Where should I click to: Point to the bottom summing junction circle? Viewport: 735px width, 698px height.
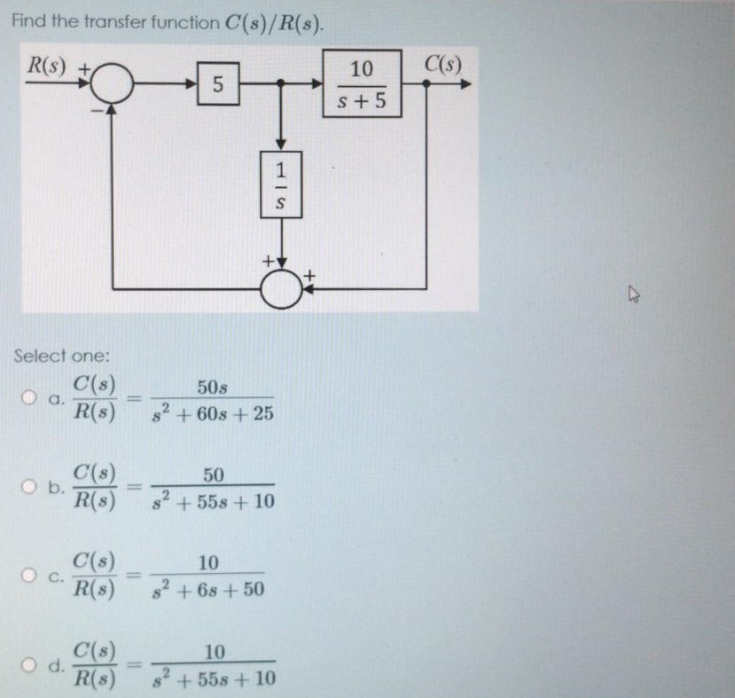click(282, 287)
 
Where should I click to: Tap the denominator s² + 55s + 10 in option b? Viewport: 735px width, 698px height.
click(213, 503)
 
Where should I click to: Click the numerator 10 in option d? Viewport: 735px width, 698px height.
click(213, 653)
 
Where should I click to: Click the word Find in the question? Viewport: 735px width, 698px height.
click(28, 22)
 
